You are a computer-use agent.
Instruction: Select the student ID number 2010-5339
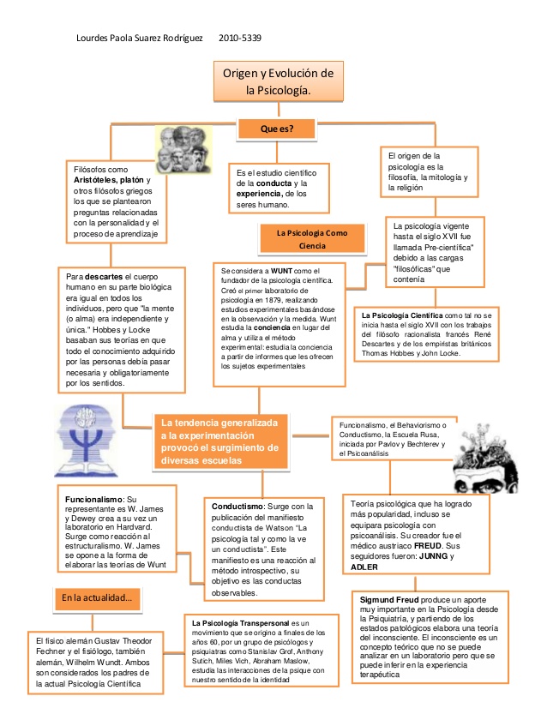240,39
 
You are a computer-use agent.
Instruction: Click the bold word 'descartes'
106,277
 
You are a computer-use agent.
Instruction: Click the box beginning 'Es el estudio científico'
280,189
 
